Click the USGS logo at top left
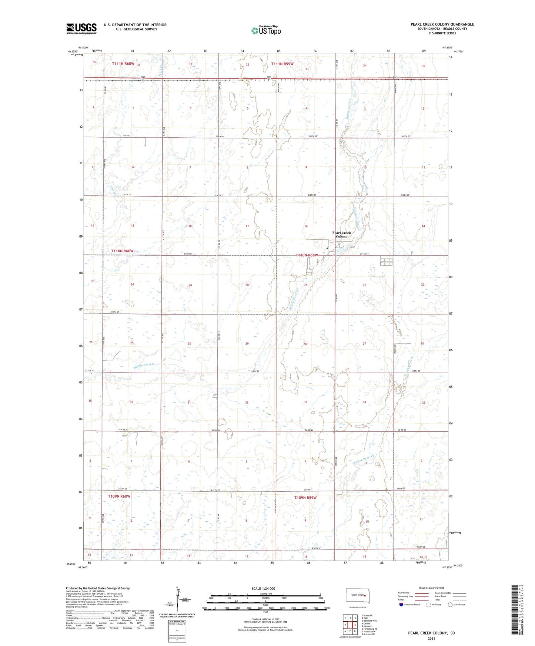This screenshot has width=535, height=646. [x=81, y=28]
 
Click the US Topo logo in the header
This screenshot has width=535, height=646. [x=265, y=30]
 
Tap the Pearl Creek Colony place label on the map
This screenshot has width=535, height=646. [x=341, y=235]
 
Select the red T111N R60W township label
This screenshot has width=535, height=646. [x=123, y=64]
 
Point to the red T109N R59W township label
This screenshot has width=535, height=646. [x=305, y=498]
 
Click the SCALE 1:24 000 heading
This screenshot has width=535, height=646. [x=263, y=589]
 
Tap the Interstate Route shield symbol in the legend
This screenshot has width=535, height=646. [x=401, y=605]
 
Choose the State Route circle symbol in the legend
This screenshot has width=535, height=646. [x=450, y=605]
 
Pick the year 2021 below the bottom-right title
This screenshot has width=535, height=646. [x=431, y=638]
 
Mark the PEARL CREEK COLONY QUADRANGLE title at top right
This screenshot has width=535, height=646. [x=442, y=24]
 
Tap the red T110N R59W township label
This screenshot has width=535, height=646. [x=307, y=255]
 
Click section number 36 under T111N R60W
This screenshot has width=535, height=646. [x=138, y=65]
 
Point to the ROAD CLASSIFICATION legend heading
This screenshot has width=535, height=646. [x=431, y=588]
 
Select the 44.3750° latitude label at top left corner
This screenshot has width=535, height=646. [x=73, y=51]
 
